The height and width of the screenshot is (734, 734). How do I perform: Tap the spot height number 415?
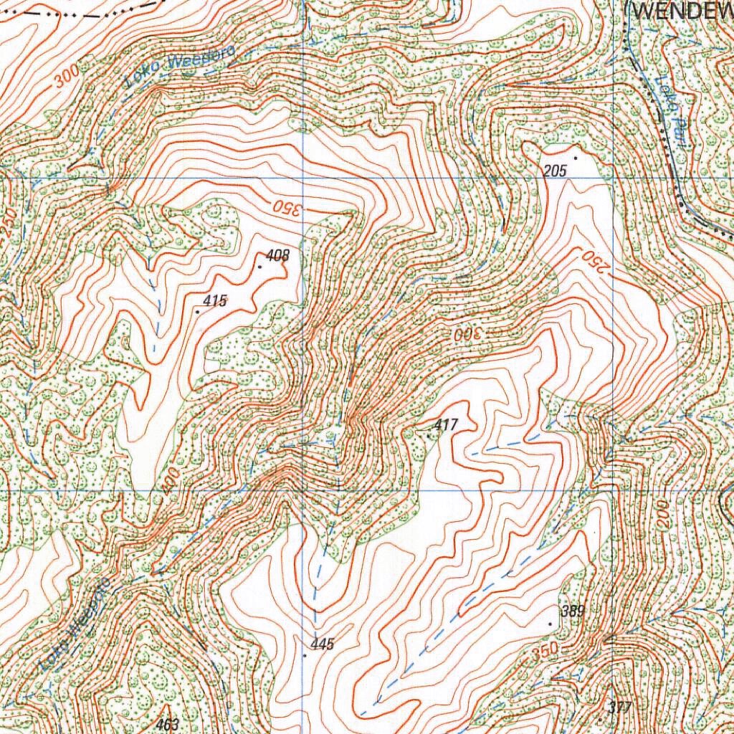215,302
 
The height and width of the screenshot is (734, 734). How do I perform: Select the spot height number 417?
445,425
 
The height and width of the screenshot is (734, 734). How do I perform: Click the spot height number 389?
573,611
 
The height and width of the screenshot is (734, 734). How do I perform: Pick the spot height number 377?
619,708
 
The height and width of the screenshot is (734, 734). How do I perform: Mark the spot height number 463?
167,724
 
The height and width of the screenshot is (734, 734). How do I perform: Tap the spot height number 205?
556,170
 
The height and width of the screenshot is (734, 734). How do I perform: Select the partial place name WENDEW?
681,10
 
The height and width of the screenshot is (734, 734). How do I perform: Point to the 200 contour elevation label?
663,515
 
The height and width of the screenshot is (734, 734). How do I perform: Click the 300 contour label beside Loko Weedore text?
65,79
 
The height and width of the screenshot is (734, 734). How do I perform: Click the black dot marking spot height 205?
574,157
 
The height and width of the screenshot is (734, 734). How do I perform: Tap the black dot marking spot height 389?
550,624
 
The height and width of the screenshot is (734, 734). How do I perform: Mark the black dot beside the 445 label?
305,654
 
